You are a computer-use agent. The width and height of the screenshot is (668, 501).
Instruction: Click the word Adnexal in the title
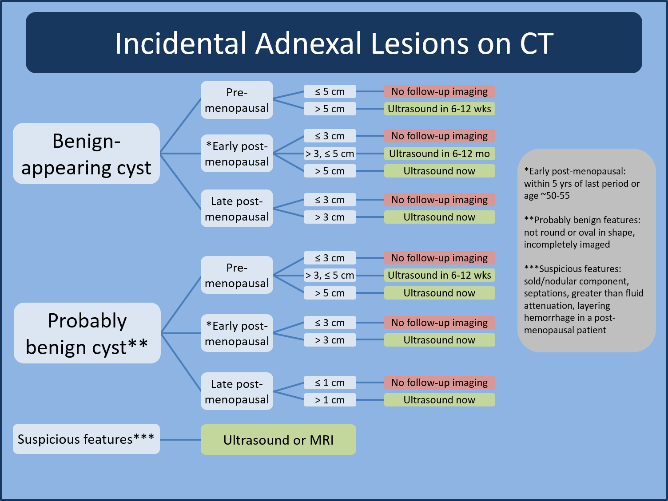(x=309, y=43)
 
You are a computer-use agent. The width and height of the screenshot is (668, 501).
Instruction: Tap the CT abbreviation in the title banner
(x=537, y=43)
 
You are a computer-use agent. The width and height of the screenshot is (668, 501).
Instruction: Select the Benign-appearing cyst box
(x=86, y=154)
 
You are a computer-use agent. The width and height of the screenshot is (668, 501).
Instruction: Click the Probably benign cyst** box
(x=87, y=333)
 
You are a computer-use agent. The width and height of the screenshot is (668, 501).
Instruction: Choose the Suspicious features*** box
(x=86, y=439)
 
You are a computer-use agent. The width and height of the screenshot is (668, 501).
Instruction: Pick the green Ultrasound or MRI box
(x=278, y=440)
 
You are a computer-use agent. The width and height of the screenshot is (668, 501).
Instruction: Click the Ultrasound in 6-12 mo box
(x=439, y=154)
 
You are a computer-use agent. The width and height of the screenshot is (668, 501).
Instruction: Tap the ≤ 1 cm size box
(x=330, y=383)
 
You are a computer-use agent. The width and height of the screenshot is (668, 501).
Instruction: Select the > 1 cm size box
(x=330, y=400)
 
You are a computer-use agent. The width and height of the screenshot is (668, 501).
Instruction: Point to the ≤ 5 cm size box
(x=330, y=91)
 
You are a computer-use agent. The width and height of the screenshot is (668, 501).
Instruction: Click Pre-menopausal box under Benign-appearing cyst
(x=237, y=100)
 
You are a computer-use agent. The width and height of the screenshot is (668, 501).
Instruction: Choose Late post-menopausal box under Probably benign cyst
(x=237, y=391)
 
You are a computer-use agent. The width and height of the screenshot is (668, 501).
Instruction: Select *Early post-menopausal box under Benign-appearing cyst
(x=237, y=154)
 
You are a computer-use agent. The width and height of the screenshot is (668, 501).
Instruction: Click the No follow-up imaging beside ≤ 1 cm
(x=439, y=383)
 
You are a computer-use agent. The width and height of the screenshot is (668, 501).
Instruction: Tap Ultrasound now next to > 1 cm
(x=439, y=400)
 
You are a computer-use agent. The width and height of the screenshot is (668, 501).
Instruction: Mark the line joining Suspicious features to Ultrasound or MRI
(x=180, y=440)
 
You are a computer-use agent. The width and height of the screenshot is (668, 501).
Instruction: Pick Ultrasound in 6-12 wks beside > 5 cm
(x=439, y=109)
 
